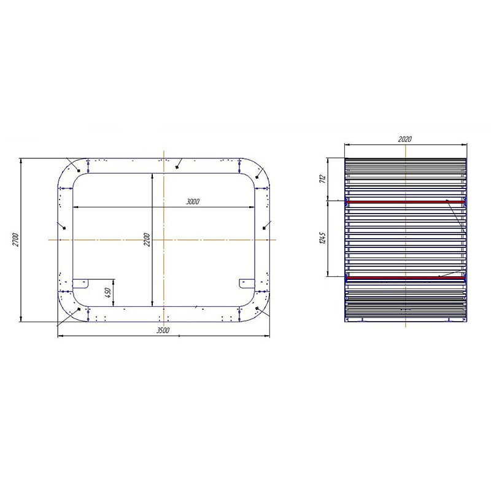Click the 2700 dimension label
point(16,239)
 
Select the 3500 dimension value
point(163,330)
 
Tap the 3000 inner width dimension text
point(193,202)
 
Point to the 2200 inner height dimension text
point(147,239)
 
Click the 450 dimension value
point(108,293)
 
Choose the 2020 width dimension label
point(405,139)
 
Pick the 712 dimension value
point(323,179)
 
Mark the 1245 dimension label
point(323,238)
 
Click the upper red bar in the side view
point(406,202)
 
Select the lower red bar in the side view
point(406,278)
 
